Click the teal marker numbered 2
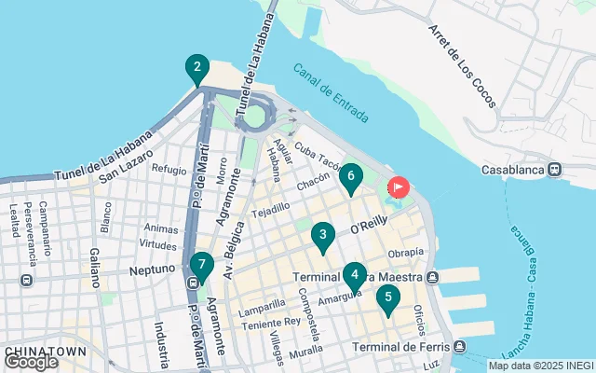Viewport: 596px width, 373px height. click(196, 69)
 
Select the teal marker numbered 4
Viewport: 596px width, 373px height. click(354, 276)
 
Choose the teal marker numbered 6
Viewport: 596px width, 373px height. click(350, 176)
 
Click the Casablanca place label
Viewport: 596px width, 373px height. click(511, 170)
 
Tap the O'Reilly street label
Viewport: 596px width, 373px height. click(367, 227)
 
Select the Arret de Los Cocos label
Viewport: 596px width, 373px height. click(462, 64)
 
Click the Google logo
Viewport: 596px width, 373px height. click(31, 361)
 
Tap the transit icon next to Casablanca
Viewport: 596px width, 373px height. click(554, 170)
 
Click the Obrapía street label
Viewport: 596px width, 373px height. click(406, 253)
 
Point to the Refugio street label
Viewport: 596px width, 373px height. click(169, 170)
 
